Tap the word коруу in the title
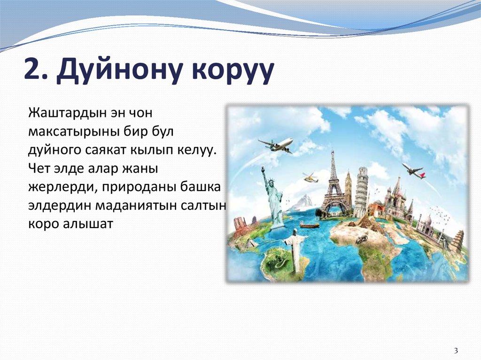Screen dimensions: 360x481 [x=225, y=69]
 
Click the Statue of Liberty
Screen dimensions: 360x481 [x=273, y=197]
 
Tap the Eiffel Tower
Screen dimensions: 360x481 [x=334, y=185]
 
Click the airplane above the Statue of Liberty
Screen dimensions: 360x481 [x=277, y=145]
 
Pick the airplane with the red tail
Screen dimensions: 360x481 [x=413, y=171]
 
